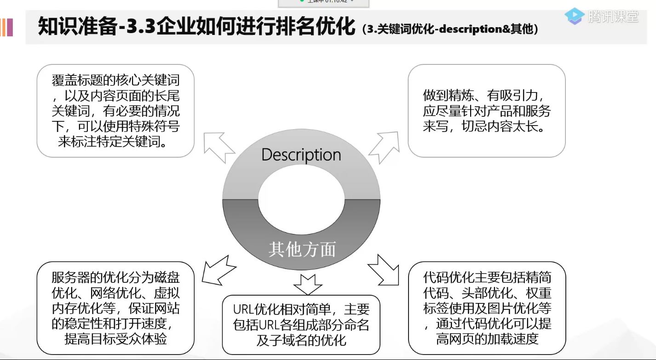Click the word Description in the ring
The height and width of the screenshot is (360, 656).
click(301, 155)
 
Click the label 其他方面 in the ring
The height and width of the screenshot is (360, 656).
click(302, 249)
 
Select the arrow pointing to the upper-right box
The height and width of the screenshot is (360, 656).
click(385, 145)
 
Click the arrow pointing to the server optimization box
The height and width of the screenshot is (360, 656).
click(218, 271)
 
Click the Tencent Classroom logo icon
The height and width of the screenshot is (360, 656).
click(575, 16)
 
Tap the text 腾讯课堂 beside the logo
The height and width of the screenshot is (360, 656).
click(613, 17)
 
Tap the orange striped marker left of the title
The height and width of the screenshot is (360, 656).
click(6, 28)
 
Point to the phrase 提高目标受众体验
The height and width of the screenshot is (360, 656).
click(115, 339)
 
